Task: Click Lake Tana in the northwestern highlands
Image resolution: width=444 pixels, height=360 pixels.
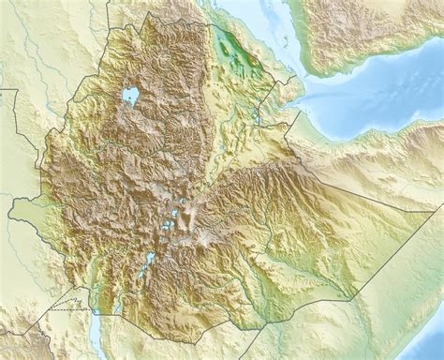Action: point(130,96)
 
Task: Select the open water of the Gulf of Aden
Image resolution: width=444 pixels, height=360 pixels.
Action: point(375,94)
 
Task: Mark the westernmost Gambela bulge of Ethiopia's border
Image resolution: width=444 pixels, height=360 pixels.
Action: point(11,215)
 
